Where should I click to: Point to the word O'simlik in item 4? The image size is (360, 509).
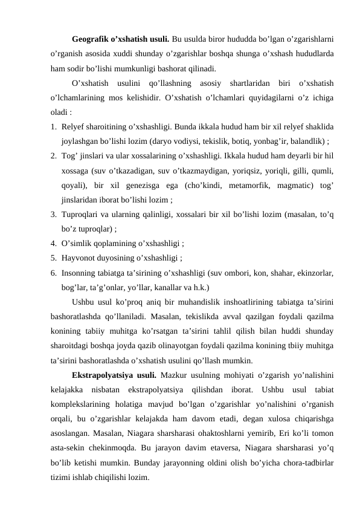tap(76, 244)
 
